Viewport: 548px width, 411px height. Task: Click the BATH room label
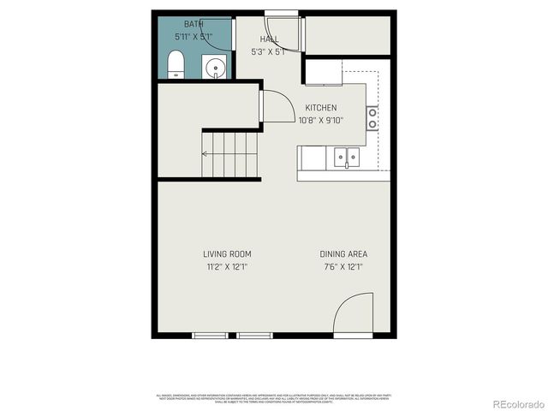(194, 25)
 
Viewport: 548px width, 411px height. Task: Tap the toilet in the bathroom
(176, 63)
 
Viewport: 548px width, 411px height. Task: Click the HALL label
(269, 39)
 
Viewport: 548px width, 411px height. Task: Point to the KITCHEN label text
(321, 108)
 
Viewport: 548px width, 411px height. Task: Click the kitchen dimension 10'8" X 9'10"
(321, 120)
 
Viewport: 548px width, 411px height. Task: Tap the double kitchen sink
(347, 157)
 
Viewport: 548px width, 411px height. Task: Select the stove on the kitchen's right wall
(372, 117)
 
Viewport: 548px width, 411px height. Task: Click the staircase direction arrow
(205, 154)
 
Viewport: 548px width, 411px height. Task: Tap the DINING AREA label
(343, 254)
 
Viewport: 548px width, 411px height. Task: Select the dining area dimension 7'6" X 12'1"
(343, 267)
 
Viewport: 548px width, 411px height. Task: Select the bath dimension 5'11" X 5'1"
(194, 37)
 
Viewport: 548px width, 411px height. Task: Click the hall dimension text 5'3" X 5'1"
(269, 51)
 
